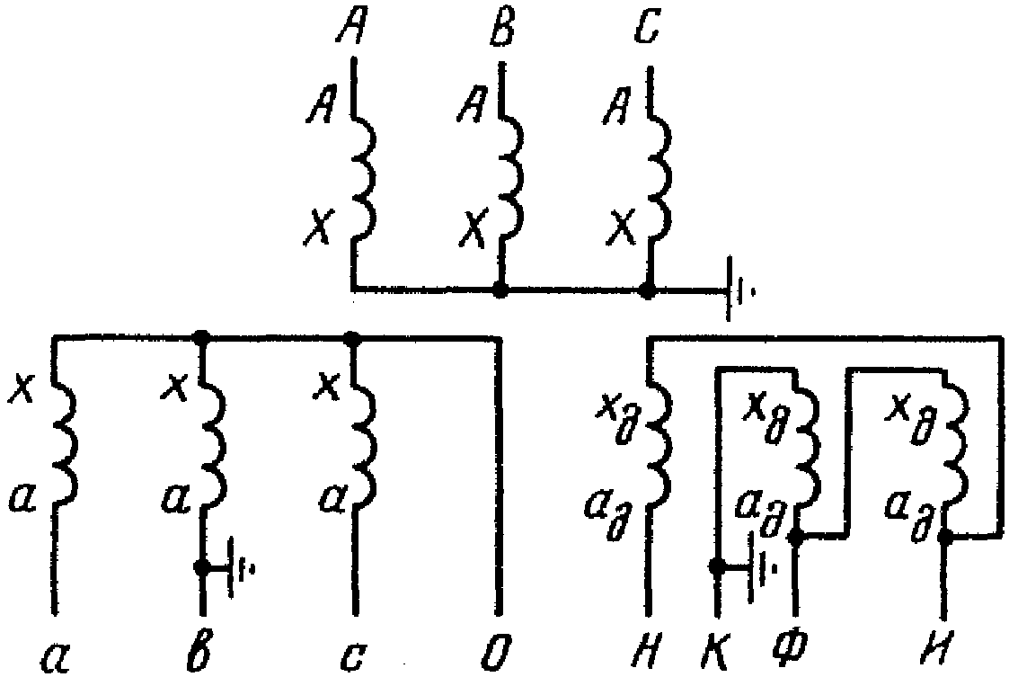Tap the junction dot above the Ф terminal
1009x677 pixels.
795,538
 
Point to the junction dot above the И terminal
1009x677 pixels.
943,538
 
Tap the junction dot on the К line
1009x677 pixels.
717,567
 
